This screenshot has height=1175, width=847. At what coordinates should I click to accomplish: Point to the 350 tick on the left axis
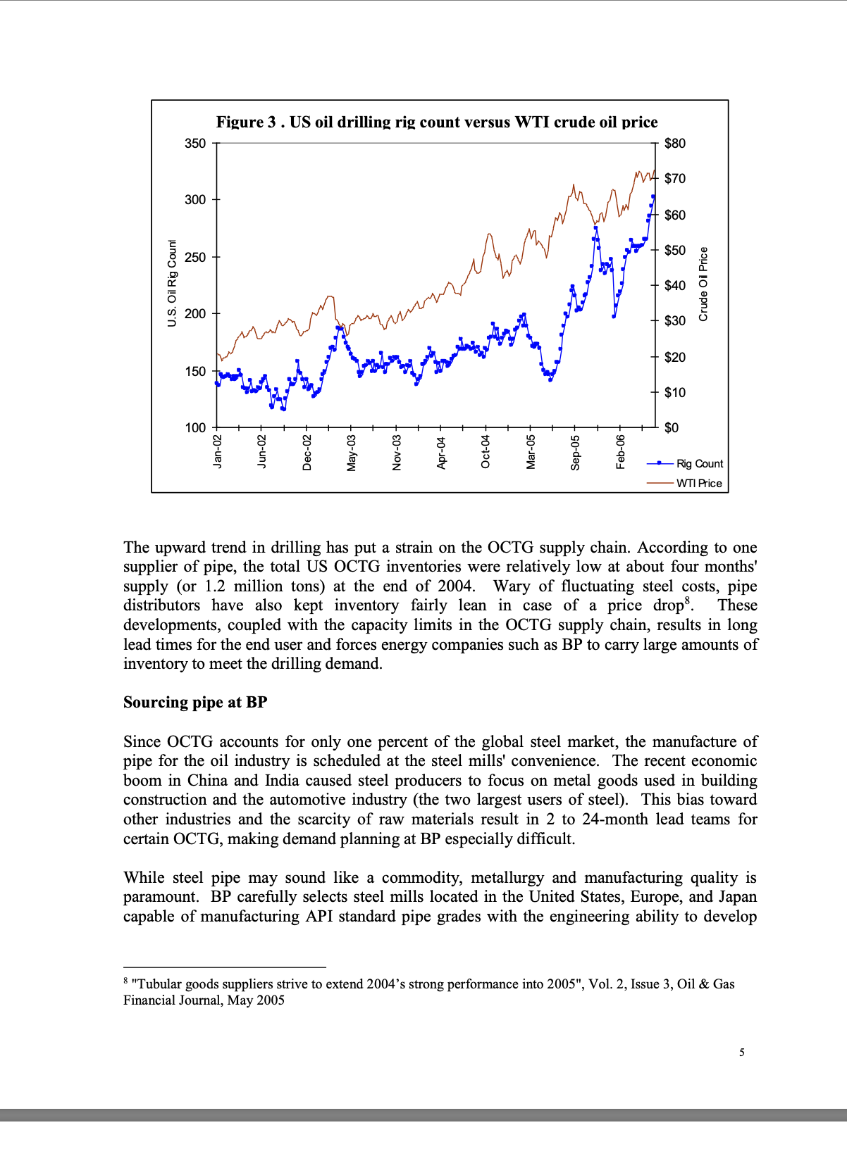click(x=195, y=144)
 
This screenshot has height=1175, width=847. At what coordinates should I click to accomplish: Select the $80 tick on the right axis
click(x=674, y=144)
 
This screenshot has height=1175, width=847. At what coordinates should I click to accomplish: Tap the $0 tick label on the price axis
click(x=671, y=427)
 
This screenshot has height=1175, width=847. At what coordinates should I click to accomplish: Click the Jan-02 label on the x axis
click(x=218, y=451)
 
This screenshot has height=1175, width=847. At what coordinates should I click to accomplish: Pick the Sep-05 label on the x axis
click(x=576, y=452)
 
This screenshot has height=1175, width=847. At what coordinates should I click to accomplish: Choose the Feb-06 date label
click(x=621, y=452)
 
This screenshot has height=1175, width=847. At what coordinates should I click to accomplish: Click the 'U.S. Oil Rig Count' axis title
click(x=172, y=283)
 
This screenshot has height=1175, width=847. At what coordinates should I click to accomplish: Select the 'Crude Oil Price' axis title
click(x=703, y=284)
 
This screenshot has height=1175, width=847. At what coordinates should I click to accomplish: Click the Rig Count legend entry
click(x=699, y=463)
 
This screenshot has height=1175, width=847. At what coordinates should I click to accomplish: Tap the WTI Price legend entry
click(x=698, y=483)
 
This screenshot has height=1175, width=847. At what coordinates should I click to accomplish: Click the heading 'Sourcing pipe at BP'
click(x=195, y=702)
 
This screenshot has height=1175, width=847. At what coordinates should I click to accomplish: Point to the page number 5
click(x=742, y=1053)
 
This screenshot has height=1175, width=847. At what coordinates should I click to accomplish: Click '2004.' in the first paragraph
click(x=457, y=586)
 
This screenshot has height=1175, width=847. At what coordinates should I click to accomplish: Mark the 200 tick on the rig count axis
click(x=195, y=313)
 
